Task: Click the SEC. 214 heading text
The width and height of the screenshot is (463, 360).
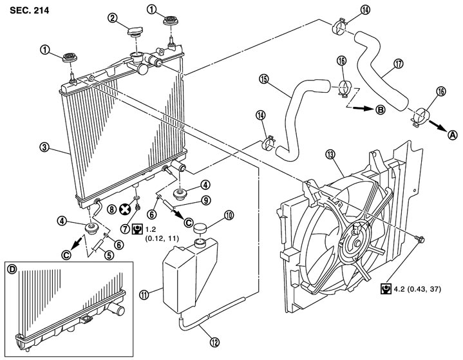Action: tap(29, 10)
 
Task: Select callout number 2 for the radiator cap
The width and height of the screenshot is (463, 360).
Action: tap(112, 18)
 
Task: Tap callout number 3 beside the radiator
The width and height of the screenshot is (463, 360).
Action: tap(44, 147)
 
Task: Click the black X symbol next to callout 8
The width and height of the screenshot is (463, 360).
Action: tap(125, 209)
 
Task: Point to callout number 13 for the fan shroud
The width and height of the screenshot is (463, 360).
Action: tap(331, 154)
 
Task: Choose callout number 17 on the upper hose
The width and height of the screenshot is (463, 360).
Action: tap(399, 63)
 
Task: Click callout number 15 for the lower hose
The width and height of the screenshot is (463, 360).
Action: tap(263, 79)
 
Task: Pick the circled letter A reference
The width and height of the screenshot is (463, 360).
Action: tap(453, 135)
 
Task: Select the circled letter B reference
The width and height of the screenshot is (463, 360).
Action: tap(381, 110)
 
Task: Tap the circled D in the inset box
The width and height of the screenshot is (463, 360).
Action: tap(12, 269)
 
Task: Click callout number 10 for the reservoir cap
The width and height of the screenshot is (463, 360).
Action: tap(229, 215)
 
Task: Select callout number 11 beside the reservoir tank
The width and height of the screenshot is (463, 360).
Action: tap(144, 295)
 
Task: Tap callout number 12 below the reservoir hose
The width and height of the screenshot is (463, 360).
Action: tap(214, 342)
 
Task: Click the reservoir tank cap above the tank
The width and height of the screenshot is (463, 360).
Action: tap(200, 229)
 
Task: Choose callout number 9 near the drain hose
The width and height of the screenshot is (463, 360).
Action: tap(205, 200)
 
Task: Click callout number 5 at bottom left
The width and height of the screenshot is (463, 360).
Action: tap(109, 255)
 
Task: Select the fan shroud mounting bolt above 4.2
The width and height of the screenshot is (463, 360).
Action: tap(420, 239)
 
